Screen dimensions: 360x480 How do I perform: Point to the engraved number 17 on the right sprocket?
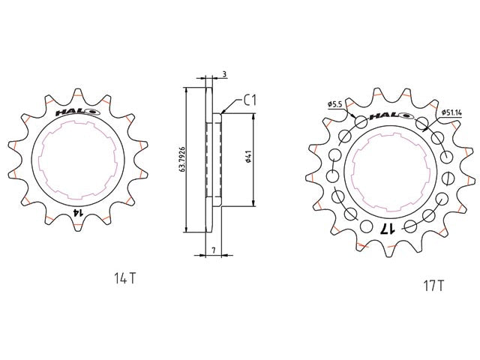pos(388,227)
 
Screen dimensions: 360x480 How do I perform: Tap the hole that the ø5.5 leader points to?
pos(361,122)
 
